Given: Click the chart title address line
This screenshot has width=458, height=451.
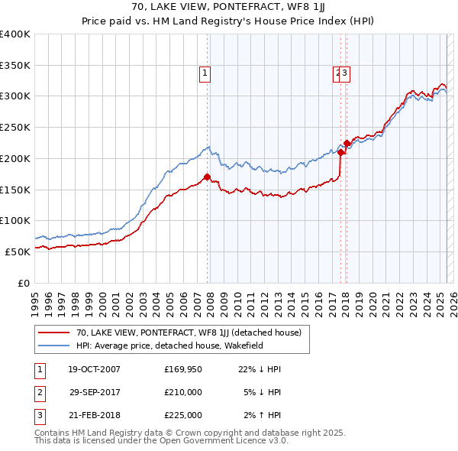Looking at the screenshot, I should coord(228,8).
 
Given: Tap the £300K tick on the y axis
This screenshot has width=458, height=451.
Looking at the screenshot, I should coord(15,96).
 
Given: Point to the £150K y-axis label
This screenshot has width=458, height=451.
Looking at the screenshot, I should coord(15,189).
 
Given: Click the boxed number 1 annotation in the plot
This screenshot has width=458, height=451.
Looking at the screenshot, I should coord(206,73).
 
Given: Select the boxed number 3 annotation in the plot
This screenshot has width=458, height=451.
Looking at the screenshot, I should coord(346,73).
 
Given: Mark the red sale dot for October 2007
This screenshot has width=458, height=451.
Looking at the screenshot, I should coord(207,177).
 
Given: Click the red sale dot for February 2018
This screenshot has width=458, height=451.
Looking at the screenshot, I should coord(347,143).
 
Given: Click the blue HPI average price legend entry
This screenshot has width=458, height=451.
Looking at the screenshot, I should coord(180,345).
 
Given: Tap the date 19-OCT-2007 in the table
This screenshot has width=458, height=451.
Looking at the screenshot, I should coord(94,369).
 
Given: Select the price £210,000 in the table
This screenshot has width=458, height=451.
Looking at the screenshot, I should coord(183,392).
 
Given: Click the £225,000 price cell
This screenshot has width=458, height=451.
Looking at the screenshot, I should coord(183,415).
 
